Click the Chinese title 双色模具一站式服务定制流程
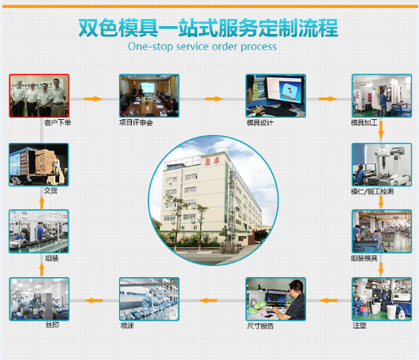pos(208,27)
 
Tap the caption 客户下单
pos(58,122)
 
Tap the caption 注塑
pos(359,325)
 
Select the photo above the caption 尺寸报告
pos(275,298)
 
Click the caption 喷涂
pos(127,325)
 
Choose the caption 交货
pos(51,190)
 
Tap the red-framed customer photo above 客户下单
pos(39,96)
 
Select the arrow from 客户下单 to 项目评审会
pos(93,99)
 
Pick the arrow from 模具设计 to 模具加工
pos(327,99)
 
